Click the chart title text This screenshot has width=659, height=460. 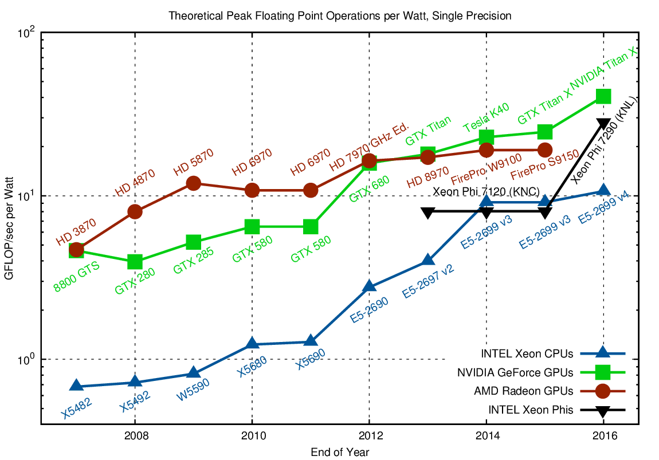340,16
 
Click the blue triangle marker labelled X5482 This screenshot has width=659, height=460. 76,386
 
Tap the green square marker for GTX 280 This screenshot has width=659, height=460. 135,262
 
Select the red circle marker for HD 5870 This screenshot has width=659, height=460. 193,183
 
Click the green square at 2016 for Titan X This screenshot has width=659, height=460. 603,96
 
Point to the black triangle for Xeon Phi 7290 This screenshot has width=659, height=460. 603,123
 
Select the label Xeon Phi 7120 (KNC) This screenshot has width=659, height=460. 487,191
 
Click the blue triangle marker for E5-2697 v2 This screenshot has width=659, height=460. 427,261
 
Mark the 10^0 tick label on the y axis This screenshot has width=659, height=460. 27,359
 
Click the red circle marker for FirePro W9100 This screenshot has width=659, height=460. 487,150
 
